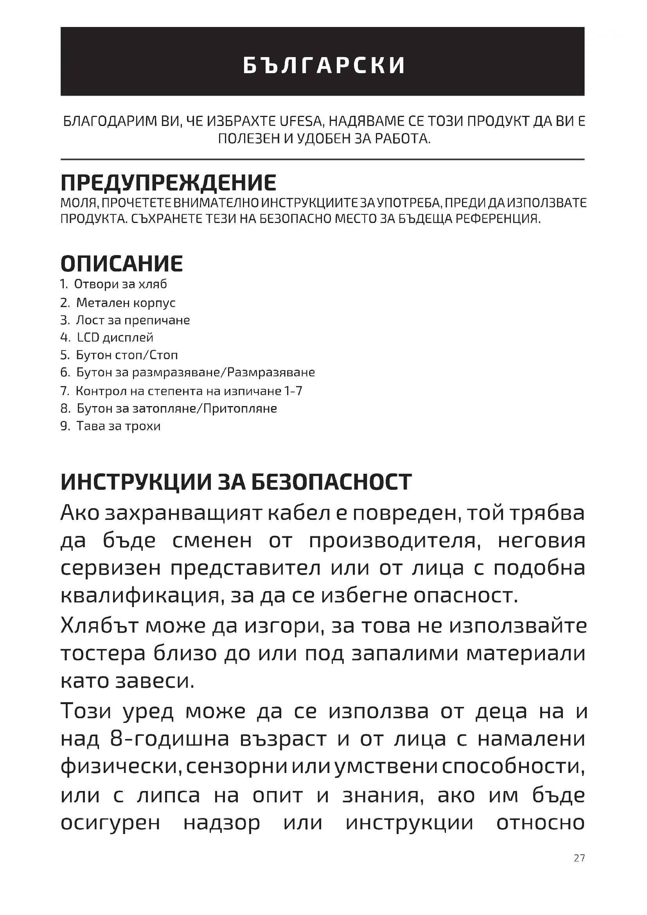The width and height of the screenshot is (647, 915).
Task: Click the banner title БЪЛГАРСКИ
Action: (324, 65)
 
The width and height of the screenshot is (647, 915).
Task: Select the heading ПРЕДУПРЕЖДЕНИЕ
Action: (168, 183)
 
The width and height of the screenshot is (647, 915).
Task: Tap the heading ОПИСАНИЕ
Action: (122, 263)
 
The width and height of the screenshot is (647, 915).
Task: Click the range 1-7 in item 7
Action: (293, 390)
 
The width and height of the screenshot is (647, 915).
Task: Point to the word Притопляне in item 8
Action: (240, 408)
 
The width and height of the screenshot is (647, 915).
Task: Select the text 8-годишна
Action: (169, 739)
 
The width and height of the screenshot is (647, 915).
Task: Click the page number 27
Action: (579, 857)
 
